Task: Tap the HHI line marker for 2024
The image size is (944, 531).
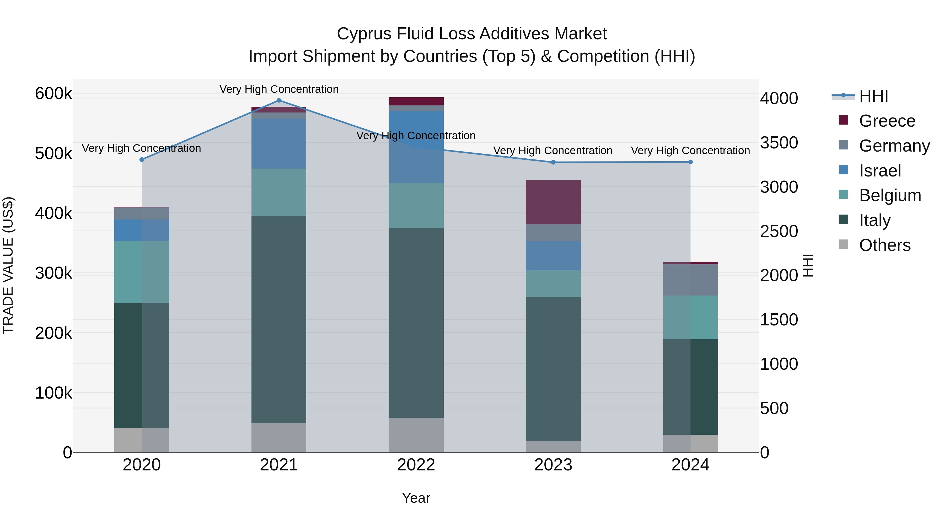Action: pyautogui.click(x=690, y=162)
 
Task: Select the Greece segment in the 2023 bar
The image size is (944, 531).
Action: pyautogui.click(x=553, y=202)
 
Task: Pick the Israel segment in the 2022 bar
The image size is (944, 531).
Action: pyautogui.click(x=416, y=147)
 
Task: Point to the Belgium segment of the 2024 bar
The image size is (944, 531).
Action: pyautogui.click(x=690, y=317)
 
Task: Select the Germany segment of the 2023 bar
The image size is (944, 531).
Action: pyautogui.click(x=553, y=232)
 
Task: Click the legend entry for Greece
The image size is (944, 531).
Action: pyautogui.click(x=887, y=121)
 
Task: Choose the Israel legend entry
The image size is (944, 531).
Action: pyautogui.click(x=879, y=171)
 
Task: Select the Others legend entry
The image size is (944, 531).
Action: pyautogui.click(x=884, y=245)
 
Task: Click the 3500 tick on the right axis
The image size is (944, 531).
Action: pyautogui.click(x=779, y=143)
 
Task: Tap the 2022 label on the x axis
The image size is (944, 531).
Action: pyautogui.click(x=416, y=465)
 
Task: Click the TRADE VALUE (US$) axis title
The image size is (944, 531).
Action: pyautogui.click(x=8, y=265)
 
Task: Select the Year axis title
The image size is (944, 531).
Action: pyautogui.click(x=416, y=498)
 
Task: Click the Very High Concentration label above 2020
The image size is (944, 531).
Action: pyautogui.click(x=141, y=148)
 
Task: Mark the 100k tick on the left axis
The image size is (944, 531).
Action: pyautogui.click(x=53, y=393)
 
